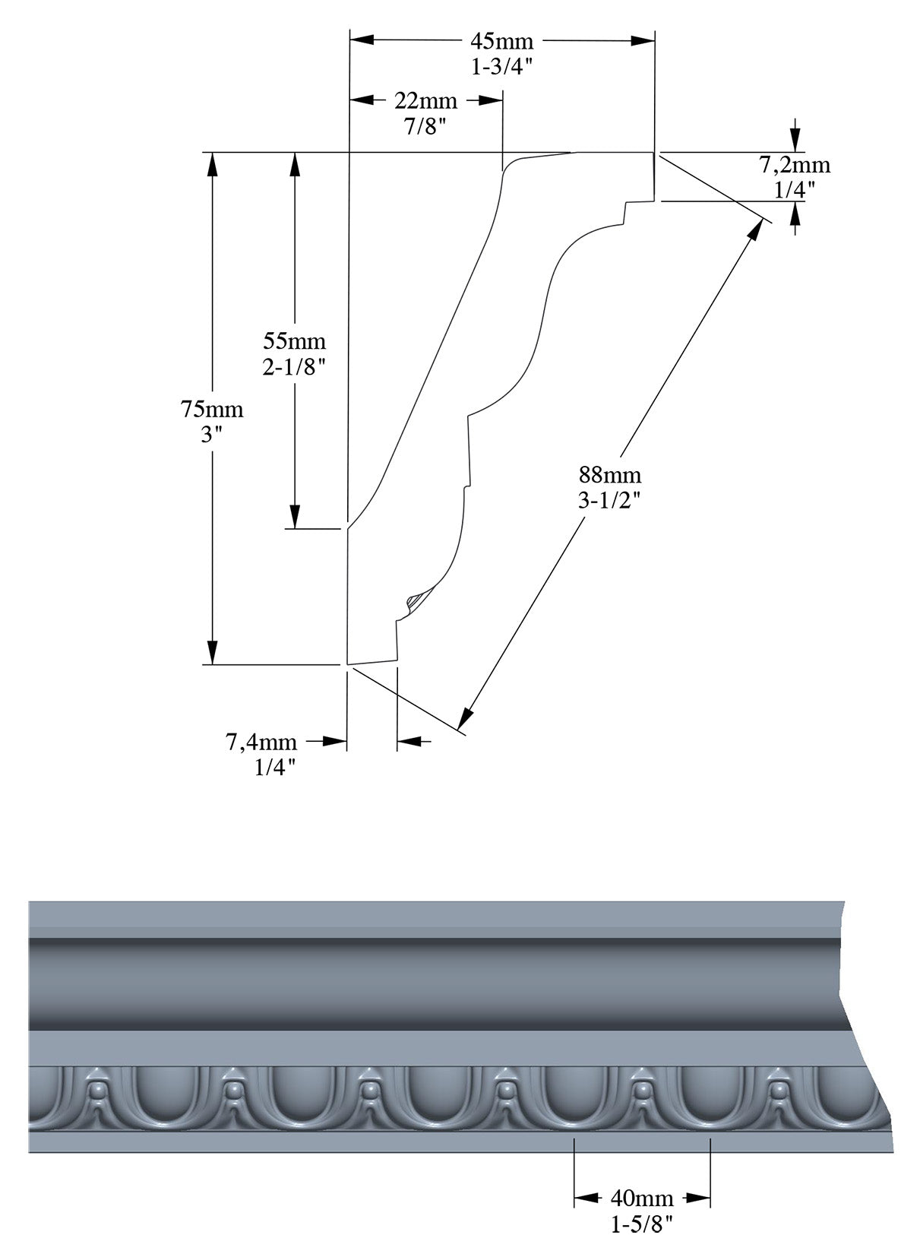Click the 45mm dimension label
click(501, 40)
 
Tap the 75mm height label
click(211, 410)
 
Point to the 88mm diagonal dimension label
click(610, 476)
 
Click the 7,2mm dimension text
click(795, 165)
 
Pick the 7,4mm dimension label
click(261, 741)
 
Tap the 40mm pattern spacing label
click(641, 1199)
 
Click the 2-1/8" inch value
click(294, 366)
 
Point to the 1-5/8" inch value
click(641, 1224)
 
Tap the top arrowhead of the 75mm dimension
click(213, 164)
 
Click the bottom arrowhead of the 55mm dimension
click(295, 517)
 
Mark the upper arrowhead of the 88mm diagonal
click(757, 228)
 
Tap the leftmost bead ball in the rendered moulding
click(96, 1091)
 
